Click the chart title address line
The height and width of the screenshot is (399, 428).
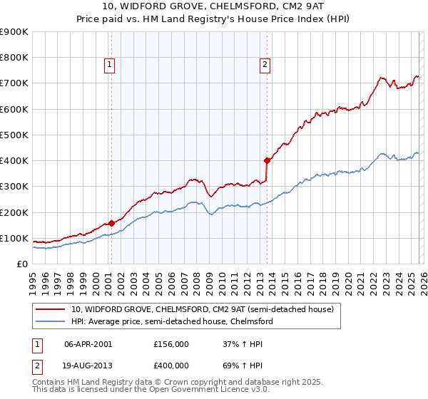[214, 6]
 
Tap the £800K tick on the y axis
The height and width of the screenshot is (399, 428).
[14, 58]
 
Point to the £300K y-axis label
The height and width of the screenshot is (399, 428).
[14, 187]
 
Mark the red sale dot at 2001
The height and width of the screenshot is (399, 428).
[111, 223]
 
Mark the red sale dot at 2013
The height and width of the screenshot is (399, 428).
[267, 160]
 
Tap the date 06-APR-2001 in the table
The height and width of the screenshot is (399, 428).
[88, 343]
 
